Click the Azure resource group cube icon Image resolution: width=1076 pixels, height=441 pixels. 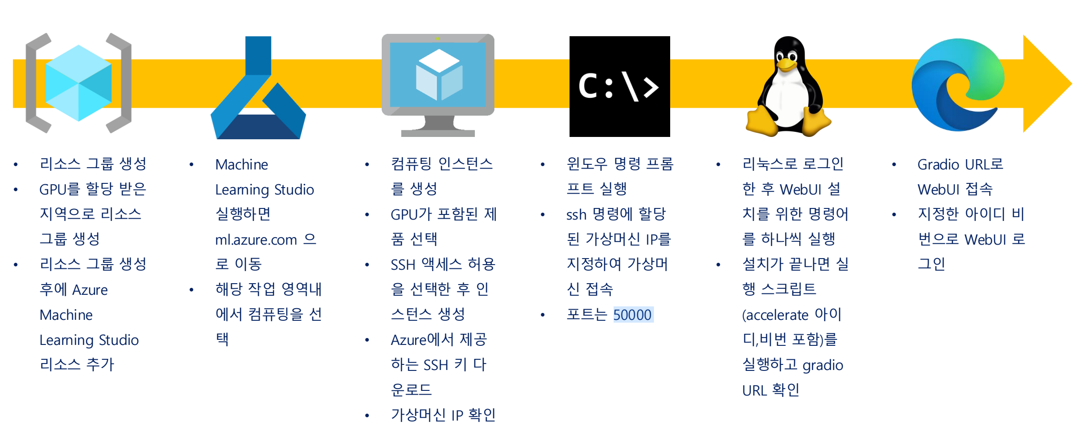coord(78,83)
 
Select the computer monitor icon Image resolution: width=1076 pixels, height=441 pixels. coord(438,84)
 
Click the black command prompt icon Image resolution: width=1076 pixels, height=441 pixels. coord(620,86)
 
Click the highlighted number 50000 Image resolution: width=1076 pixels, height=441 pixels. coord(633,315)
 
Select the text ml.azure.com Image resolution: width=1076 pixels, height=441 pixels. coord(256,240)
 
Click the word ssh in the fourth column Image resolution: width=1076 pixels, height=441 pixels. coord(576,214)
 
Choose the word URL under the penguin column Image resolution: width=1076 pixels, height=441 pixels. coord(754,390)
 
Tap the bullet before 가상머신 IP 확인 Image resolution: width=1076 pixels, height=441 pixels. coord(367,415)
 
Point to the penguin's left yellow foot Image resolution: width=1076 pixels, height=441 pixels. coord(762,122)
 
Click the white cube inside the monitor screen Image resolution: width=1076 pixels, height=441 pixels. coord(438,74)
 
